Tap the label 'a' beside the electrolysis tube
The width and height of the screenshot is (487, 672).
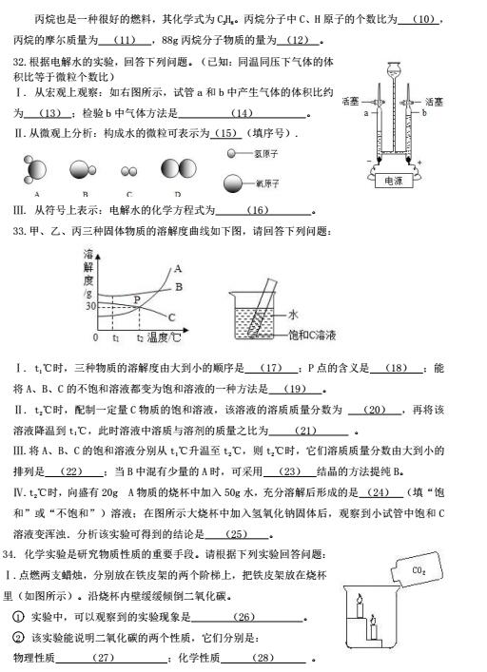(364, 112)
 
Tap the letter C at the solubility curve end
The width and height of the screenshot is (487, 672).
(171, 317)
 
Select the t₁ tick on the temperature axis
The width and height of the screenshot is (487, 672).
(115, 338)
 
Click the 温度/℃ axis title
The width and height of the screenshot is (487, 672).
(164, 337)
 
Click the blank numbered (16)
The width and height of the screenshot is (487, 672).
(258, 210)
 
